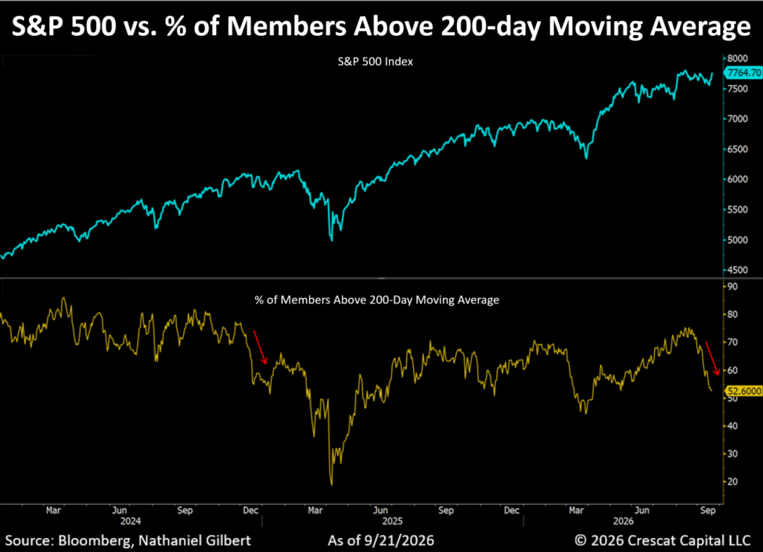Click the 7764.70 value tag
click(743, 73)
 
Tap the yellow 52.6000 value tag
click(743, 391)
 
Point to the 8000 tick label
click(738, 59)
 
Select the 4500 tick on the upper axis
click(738, 270)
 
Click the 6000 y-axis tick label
click(738, 180)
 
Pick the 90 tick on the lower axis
click(732, 286)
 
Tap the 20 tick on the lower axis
click(732, 482)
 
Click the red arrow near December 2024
click(261, 347)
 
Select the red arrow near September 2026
click(712, 358)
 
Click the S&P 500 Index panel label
click(375, 62)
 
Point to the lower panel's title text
click(376, 300)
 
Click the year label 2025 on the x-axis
click(392, 522)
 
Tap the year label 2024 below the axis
click(131, 522)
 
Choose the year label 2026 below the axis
click(624, 522)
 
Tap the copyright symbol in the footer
click(581, 540)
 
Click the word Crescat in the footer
click(651, 541)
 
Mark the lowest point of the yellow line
click(332, 485)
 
